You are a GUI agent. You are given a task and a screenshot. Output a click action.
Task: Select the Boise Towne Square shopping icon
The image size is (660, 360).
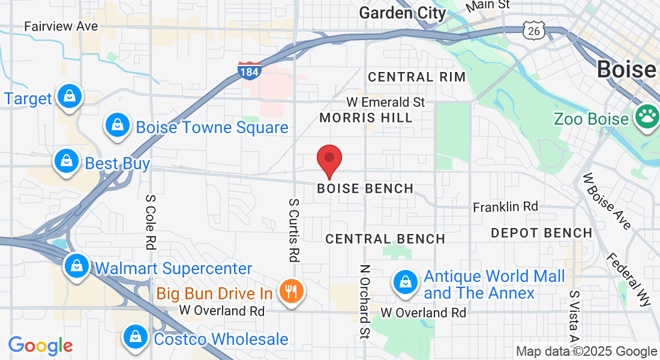pos(118,126)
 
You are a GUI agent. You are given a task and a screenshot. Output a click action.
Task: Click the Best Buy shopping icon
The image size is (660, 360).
pos(66,161)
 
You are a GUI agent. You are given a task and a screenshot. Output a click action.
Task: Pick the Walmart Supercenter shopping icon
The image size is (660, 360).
pos(77,266)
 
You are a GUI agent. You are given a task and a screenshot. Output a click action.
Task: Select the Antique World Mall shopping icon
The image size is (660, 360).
pos(406,281)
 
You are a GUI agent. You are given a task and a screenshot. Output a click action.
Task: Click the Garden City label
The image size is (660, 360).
pos(403,13)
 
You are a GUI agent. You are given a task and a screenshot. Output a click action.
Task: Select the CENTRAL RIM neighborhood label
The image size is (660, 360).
pos(416,77)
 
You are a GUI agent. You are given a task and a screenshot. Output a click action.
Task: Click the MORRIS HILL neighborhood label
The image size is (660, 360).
pos(366,118)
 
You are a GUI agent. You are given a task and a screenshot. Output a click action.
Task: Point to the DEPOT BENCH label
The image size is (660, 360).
pos(541,232)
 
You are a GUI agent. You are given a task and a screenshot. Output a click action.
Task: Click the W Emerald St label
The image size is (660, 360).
pos(386,102)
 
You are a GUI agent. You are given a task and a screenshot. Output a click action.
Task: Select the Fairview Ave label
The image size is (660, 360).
pos(61,26)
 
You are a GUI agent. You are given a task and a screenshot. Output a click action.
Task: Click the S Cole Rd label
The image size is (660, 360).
pos(151,221)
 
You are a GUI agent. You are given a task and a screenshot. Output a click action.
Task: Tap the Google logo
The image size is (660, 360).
pos(40,346)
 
